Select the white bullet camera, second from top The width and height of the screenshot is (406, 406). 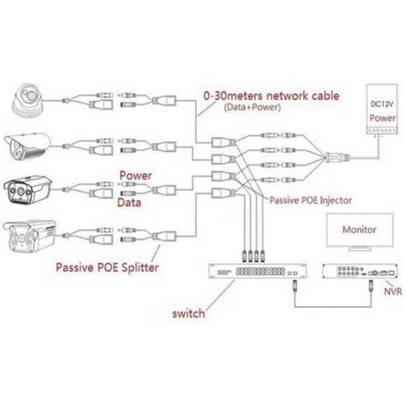pyautogui.click(x=28, y=145)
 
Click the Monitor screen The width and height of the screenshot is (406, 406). pyautogui.click(x=359, y=231)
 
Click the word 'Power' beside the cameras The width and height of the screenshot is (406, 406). pyautogui.click(x=135, y=175)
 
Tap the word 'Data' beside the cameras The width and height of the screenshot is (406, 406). pyautogui.click(x=131, y=202)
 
